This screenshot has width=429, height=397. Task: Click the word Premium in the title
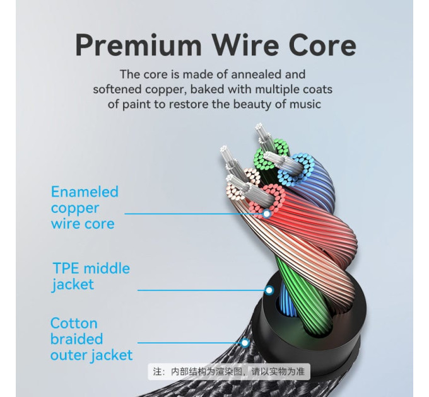tap(138, 45)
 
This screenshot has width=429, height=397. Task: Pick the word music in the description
tap(305, 104)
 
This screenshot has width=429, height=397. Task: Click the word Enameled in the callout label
tap(85, 192)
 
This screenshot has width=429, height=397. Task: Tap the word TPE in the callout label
tap(66, 268)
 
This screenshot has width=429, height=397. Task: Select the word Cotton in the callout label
tap(74, 323)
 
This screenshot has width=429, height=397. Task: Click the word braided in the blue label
tap(76, 339)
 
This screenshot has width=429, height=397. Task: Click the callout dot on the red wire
tap(266, 214)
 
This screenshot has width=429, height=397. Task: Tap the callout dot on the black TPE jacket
tap(269, 290)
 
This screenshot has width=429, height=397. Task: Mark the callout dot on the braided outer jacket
tap(245, 342)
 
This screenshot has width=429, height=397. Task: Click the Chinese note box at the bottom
tap(229, 372)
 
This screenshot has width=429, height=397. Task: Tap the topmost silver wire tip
tap(259, 127)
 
